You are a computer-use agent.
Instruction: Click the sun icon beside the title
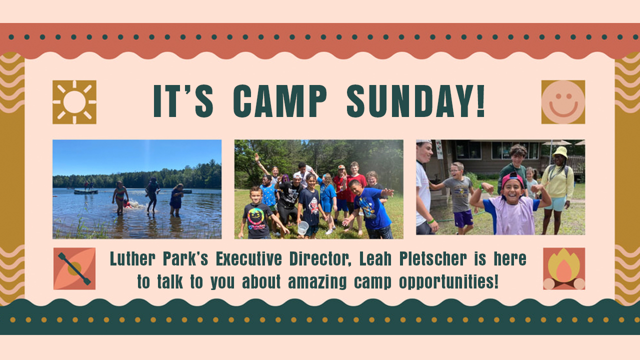(x=74, y=102)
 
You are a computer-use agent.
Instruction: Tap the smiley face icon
(x=563, y=102)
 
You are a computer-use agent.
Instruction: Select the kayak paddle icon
(x=74, y=268)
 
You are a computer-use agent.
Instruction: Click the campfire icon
(x=564, y=268)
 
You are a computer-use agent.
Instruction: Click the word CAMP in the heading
(x=280, y=101)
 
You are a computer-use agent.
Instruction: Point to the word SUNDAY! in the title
(x=415, y=101)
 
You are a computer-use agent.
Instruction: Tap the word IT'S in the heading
(x=183, y=101)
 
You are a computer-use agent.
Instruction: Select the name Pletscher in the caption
(x=433, y=258)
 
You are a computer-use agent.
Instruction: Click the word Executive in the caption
(x=249, y=258)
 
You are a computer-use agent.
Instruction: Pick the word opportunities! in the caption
(x=449, y=282)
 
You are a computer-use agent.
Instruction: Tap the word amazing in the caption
(x=317, y=282)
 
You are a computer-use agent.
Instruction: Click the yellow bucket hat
(x=560, y=152)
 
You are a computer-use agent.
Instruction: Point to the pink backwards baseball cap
(x=512, y=179)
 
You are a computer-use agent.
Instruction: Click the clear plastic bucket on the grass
(x=303, y=228)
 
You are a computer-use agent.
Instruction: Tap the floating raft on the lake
(x=85, y=191)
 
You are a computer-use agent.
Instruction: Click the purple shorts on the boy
(x=463, y=219)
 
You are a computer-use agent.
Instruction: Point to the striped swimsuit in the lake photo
(x=120, y=194)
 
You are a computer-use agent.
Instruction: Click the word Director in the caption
(x=320, y=258)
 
